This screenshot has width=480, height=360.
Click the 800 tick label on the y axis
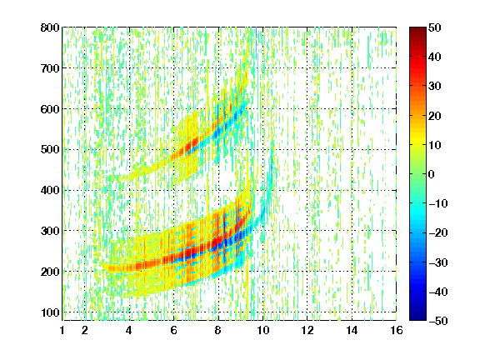click(x=50, y=27)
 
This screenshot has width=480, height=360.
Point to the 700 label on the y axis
click(x=50, y=68)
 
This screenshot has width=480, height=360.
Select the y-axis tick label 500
click(x=50, y=150)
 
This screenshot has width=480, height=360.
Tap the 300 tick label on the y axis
click(x=50, y=231)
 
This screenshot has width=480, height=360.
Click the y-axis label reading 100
click(x=50, y=312)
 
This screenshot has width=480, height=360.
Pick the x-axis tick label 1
click(x=62, y=330)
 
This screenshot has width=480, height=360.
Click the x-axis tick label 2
click(x=85, y=330)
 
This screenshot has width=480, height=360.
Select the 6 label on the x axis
click(x=174, y=330)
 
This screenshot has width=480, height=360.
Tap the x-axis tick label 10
click(x=263, y=330)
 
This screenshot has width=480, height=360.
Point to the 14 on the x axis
click(x=352, y=330)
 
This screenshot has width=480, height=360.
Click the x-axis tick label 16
click(x=397, y=330)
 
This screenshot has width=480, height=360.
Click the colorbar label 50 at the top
click(x=435, y=27)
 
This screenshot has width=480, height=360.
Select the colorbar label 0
click(x=432, y=174)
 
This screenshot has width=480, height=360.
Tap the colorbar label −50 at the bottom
click(x=438, y=321)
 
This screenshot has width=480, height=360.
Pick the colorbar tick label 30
click(x=435, y=87)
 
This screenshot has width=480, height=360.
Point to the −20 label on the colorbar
click(x=438, y=233)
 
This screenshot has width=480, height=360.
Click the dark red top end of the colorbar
click(x=417, y=29)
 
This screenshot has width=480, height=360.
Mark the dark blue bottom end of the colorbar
click(x=417, y=318)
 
